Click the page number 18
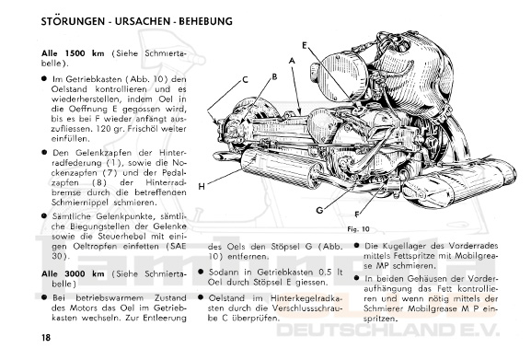click(46, 337)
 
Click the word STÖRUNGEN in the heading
click(73, 21)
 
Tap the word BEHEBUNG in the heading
click(205, 21)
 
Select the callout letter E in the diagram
click(305, 45)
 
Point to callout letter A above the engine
click(292, 61)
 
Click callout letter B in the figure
click(274, 76)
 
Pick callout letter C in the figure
click(245, 80)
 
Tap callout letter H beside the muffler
click(202, 187)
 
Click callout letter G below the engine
click(319, 210)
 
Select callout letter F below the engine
click(356, 214)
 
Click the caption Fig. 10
click(358, 229)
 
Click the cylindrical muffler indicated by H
click(281, 168)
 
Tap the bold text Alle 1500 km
click(73, 53)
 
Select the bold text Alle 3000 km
click(73, 273)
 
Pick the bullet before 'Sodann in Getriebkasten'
click(201, 272)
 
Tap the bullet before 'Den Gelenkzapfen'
click(44, 153)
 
